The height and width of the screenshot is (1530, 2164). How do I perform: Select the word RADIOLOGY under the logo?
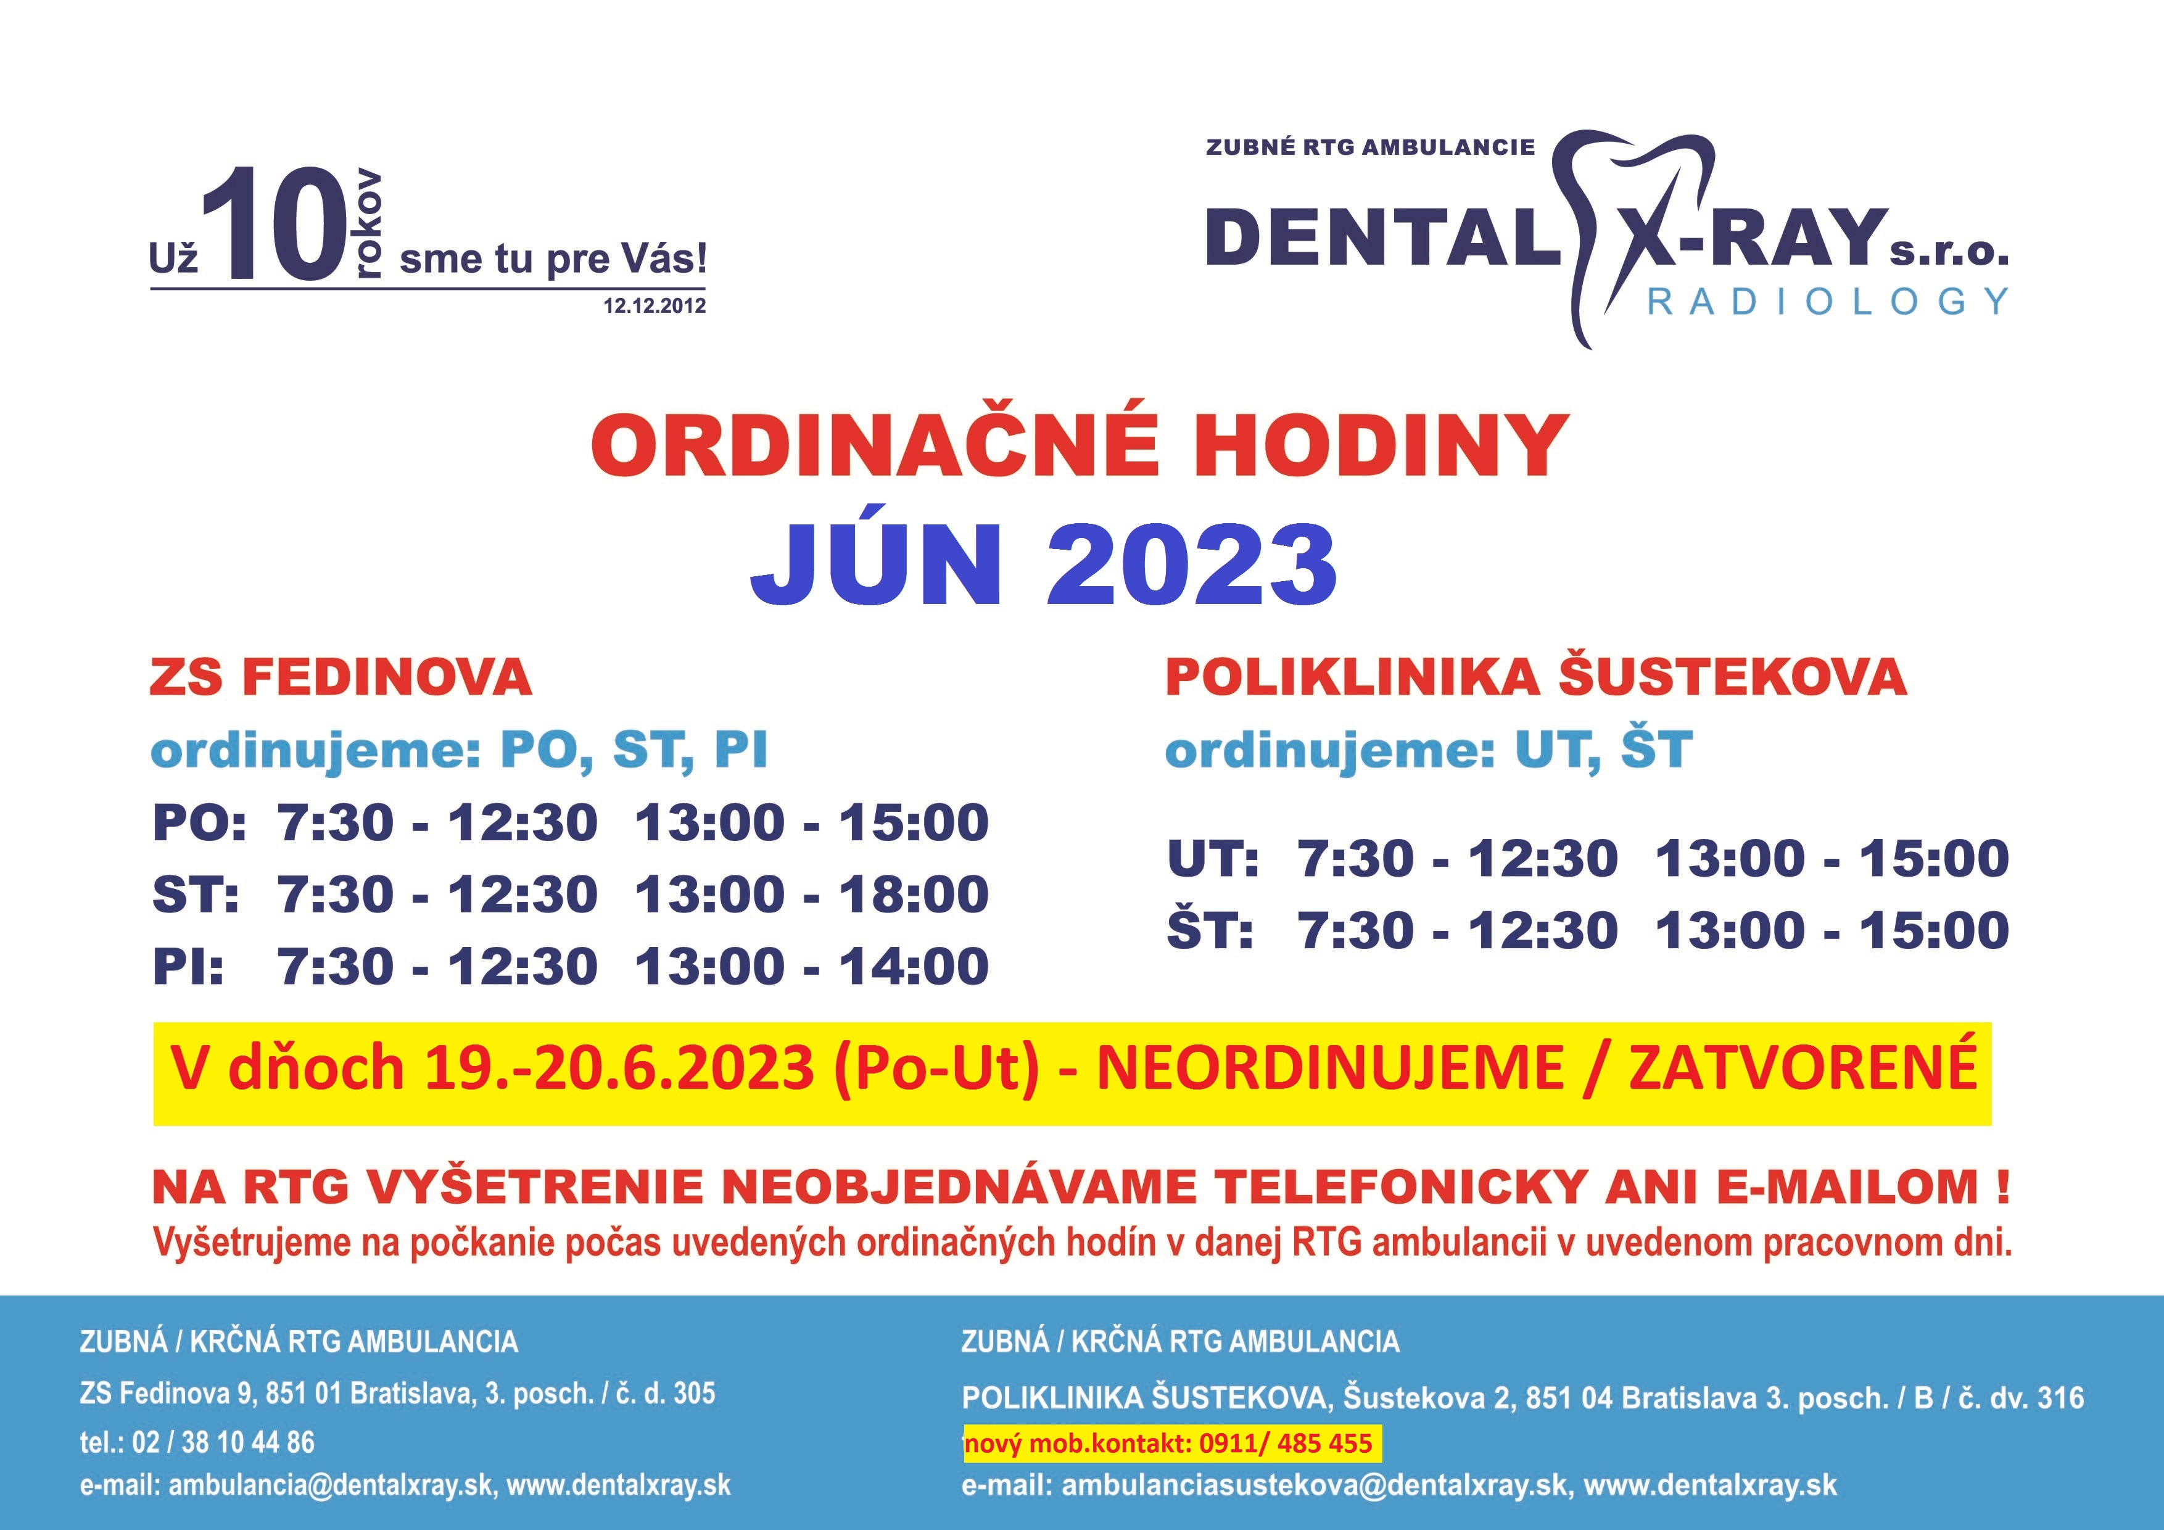(x=1828, y=302)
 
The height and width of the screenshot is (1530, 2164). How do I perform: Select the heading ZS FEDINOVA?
(x=341, y=678)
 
